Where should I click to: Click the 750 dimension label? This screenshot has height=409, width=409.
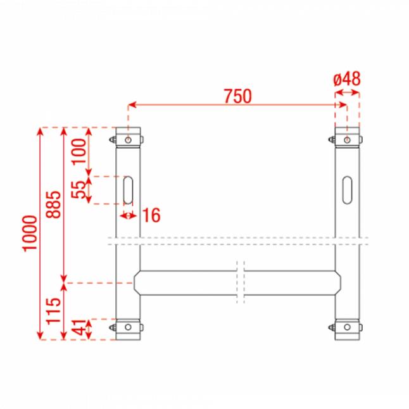(237, 96)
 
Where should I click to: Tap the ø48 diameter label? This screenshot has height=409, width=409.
(346, 79)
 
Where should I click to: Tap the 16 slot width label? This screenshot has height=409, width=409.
(151, 215)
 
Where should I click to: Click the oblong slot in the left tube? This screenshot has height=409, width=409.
(129, 190)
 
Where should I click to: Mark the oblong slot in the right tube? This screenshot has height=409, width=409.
(348, 190)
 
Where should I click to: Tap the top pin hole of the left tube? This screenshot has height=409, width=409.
(129, 139)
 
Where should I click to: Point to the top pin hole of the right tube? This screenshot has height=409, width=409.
(348, 139)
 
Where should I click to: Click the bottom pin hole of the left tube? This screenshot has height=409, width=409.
(129, 327)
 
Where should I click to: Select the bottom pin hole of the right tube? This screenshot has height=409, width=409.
(348, 327)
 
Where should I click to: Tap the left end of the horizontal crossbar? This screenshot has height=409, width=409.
(137, 282)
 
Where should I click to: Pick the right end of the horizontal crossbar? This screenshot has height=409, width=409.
(338, 282)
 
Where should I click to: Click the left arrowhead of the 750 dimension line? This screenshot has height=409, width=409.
(132, 105)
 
